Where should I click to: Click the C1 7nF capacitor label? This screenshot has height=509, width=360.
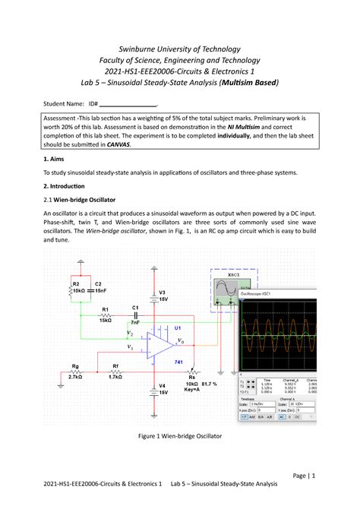135,315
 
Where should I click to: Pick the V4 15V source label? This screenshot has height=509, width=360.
162,389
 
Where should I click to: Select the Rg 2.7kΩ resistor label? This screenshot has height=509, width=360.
74,371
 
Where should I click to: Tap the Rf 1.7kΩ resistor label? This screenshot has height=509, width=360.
115,371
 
